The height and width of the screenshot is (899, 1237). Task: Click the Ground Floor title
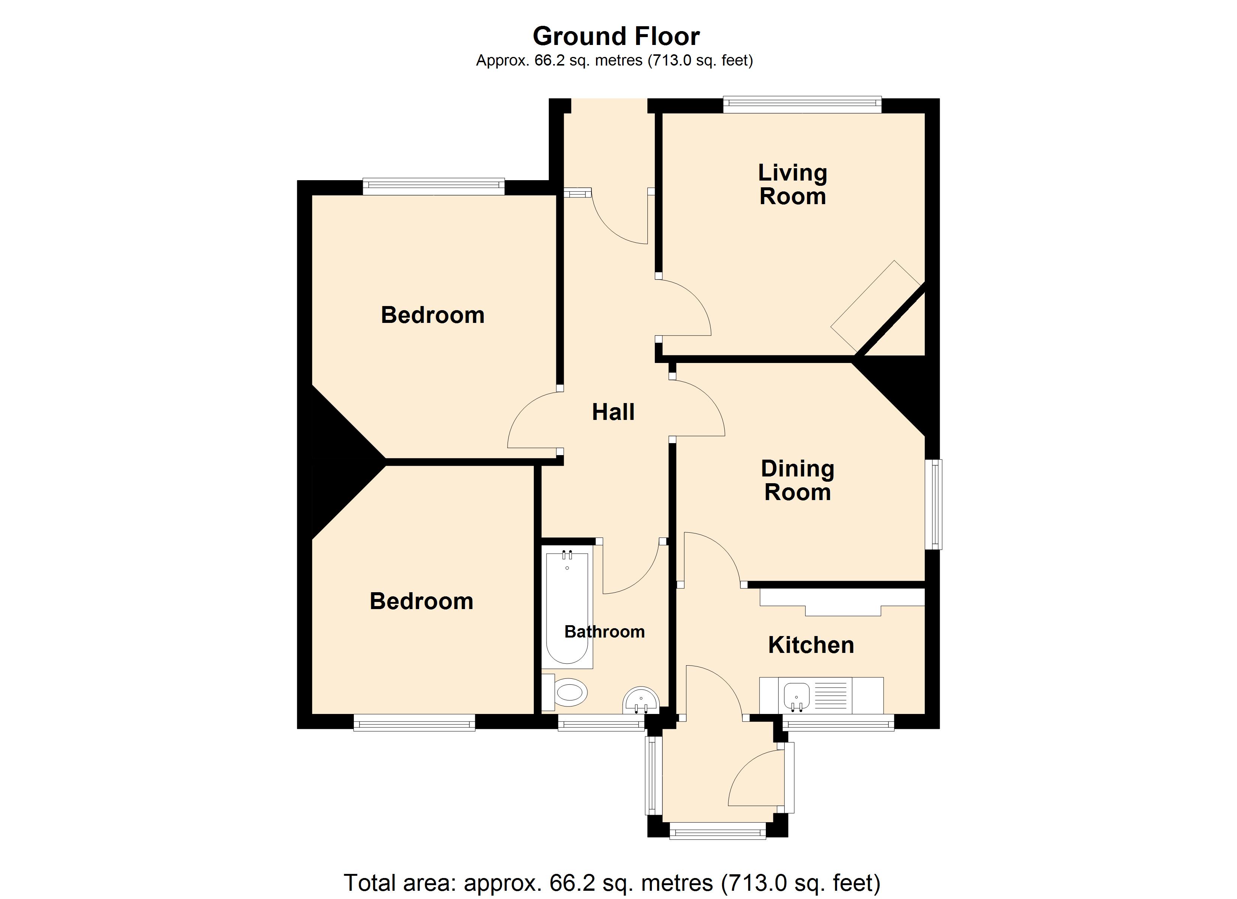pos(616,37)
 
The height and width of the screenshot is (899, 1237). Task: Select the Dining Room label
pos(797,480)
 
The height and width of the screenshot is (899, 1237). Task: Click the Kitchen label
pos(811,645)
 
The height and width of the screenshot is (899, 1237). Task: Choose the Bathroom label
pos(604,631)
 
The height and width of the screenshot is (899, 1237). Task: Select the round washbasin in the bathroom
pos(641,700)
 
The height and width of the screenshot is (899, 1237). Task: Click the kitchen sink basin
pos(796,696)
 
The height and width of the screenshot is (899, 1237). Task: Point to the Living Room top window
pos(802,104)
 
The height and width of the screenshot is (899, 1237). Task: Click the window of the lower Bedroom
pos(415,722)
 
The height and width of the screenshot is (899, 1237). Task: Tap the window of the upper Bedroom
pos(434,187)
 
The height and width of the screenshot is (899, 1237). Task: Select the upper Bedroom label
pos(433,315)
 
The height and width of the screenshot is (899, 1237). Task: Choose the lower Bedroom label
pos(422,601)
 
